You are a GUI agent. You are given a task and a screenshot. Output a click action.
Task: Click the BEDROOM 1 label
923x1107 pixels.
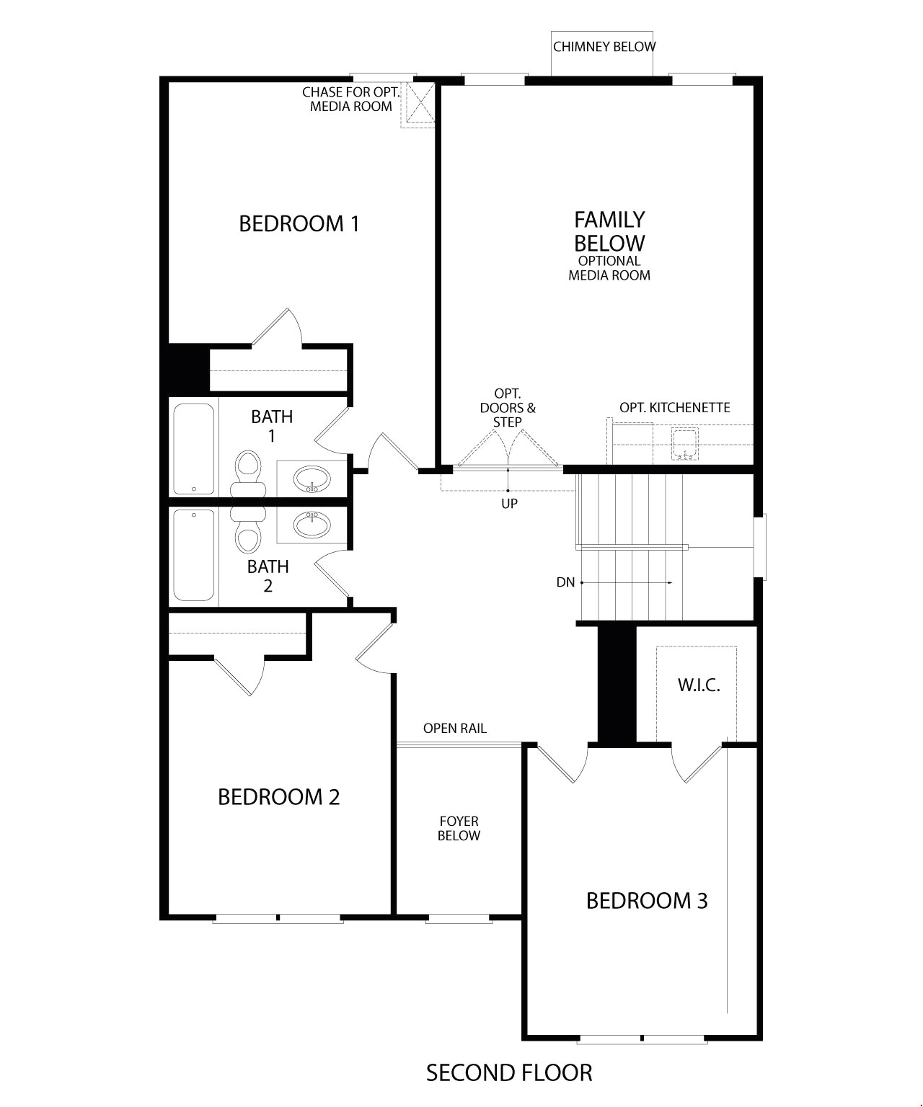click(x=299, y=223)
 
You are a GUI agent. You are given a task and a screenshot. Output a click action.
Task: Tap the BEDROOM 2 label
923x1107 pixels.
click(x=278, y=797)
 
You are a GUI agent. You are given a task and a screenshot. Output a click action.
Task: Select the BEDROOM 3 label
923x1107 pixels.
click(x=646, y=901)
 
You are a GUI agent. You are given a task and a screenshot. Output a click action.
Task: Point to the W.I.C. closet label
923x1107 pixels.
click(x=698, y=685)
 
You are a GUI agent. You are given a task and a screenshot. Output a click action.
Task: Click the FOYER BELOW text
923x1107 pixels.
click(x=459, y=829)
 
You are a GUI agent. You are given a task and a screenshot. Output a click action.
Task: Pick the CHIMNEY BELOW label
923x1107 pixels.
click(x=604, y=48)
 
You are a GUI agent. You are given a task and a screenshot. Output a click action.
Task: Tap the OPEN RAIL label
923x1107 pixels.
click(x=454, y=729)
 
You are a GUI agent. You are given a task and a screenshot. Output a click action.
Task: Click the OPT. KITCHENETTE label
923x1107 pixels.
click(x=674, y=408)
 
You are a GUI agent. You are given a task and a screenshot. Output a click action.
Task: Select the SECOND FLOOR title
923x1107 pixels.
click(x=508, y=1073)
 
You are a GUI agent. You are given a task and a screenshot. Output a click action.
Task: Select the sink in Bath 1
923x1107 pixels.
click(x=312, y=478)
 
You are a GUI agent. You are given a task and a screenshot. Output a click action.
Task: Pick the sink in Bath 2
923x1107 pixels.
click(x=312, y=525)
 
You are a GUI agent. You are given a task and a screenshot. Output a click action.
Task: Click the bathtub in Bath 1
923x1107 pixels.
click(x=194, y=448)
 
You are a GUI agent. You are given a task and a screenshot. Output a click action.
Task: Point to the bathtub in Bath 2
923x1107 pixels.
click(x=194, y=555)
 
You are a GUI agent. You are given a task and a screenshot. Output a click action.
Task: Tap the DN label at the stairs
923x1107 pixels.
click(x=565, y=582)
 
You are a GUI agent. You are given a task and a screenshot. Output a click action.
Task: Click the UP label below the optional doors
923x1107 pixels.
click(x=509, y=504)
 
